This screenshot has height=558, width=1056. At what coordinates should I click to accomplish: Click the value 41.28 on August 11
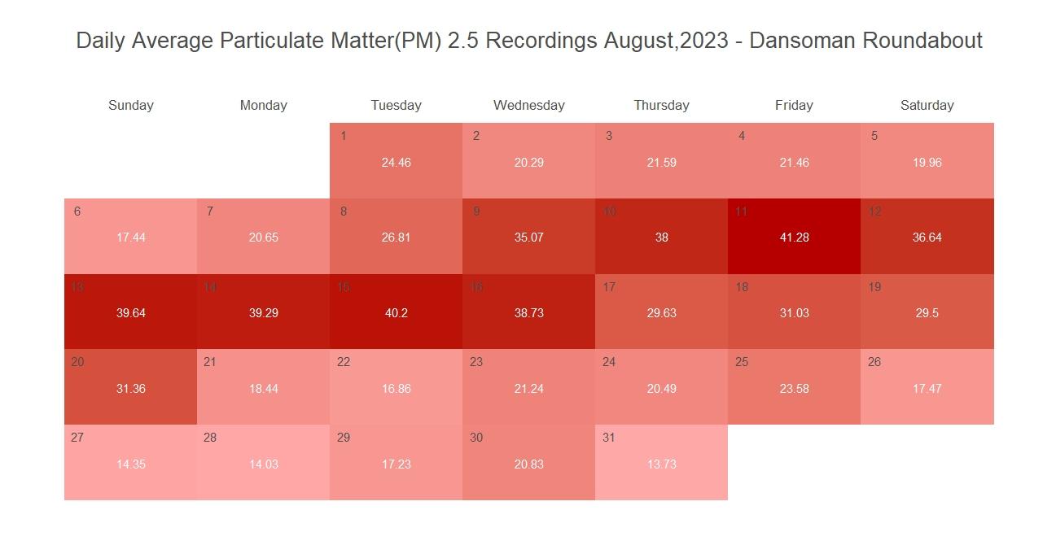point(794,238)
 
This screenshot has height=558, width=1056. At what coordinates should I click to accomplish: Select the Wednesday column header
point(528,105)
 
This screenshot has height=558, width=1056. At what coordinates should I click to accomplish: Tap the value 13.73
point(661,464)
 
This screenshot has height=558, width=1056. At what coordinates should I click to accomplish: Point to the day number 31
point(609,438)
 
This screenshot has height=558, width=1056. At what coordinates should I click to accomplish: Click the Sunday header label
point(130,105)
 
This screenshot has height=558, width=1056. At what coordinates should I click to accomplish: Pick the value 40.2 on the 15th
point(396,313)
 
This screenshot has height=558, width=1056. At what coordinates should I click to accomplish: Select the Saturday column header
point(927,105)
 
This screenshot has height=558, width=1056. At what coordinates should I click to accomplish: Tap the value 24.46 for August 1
point(396,163)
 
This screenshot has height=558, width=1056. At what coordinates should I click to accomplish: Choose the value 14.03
point(263,464)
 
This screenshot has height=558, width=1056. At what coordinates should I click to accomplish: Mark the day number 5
point(874,136)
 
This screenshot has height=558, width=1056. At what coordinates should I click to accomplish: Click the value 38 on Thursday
point(661,238)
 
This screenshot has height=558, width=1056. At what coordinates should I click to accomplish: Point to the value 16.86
point(396,389)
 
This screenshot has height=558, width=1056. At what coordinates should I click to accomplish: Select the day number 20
point(77,362)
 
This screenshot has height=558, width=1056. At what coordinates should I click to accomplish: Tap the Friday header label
point(794,105)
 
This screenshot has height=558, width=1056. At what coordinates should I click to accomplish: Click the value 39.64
point(130,313)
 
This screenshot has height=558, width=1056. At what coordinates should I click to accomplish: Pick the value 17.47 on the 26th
point(927,389)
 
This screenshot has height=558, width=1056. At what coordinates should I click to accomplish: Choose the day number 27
point(77,438)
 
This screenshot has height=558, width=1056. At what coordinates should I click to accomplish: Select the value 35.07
point(528,238)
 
